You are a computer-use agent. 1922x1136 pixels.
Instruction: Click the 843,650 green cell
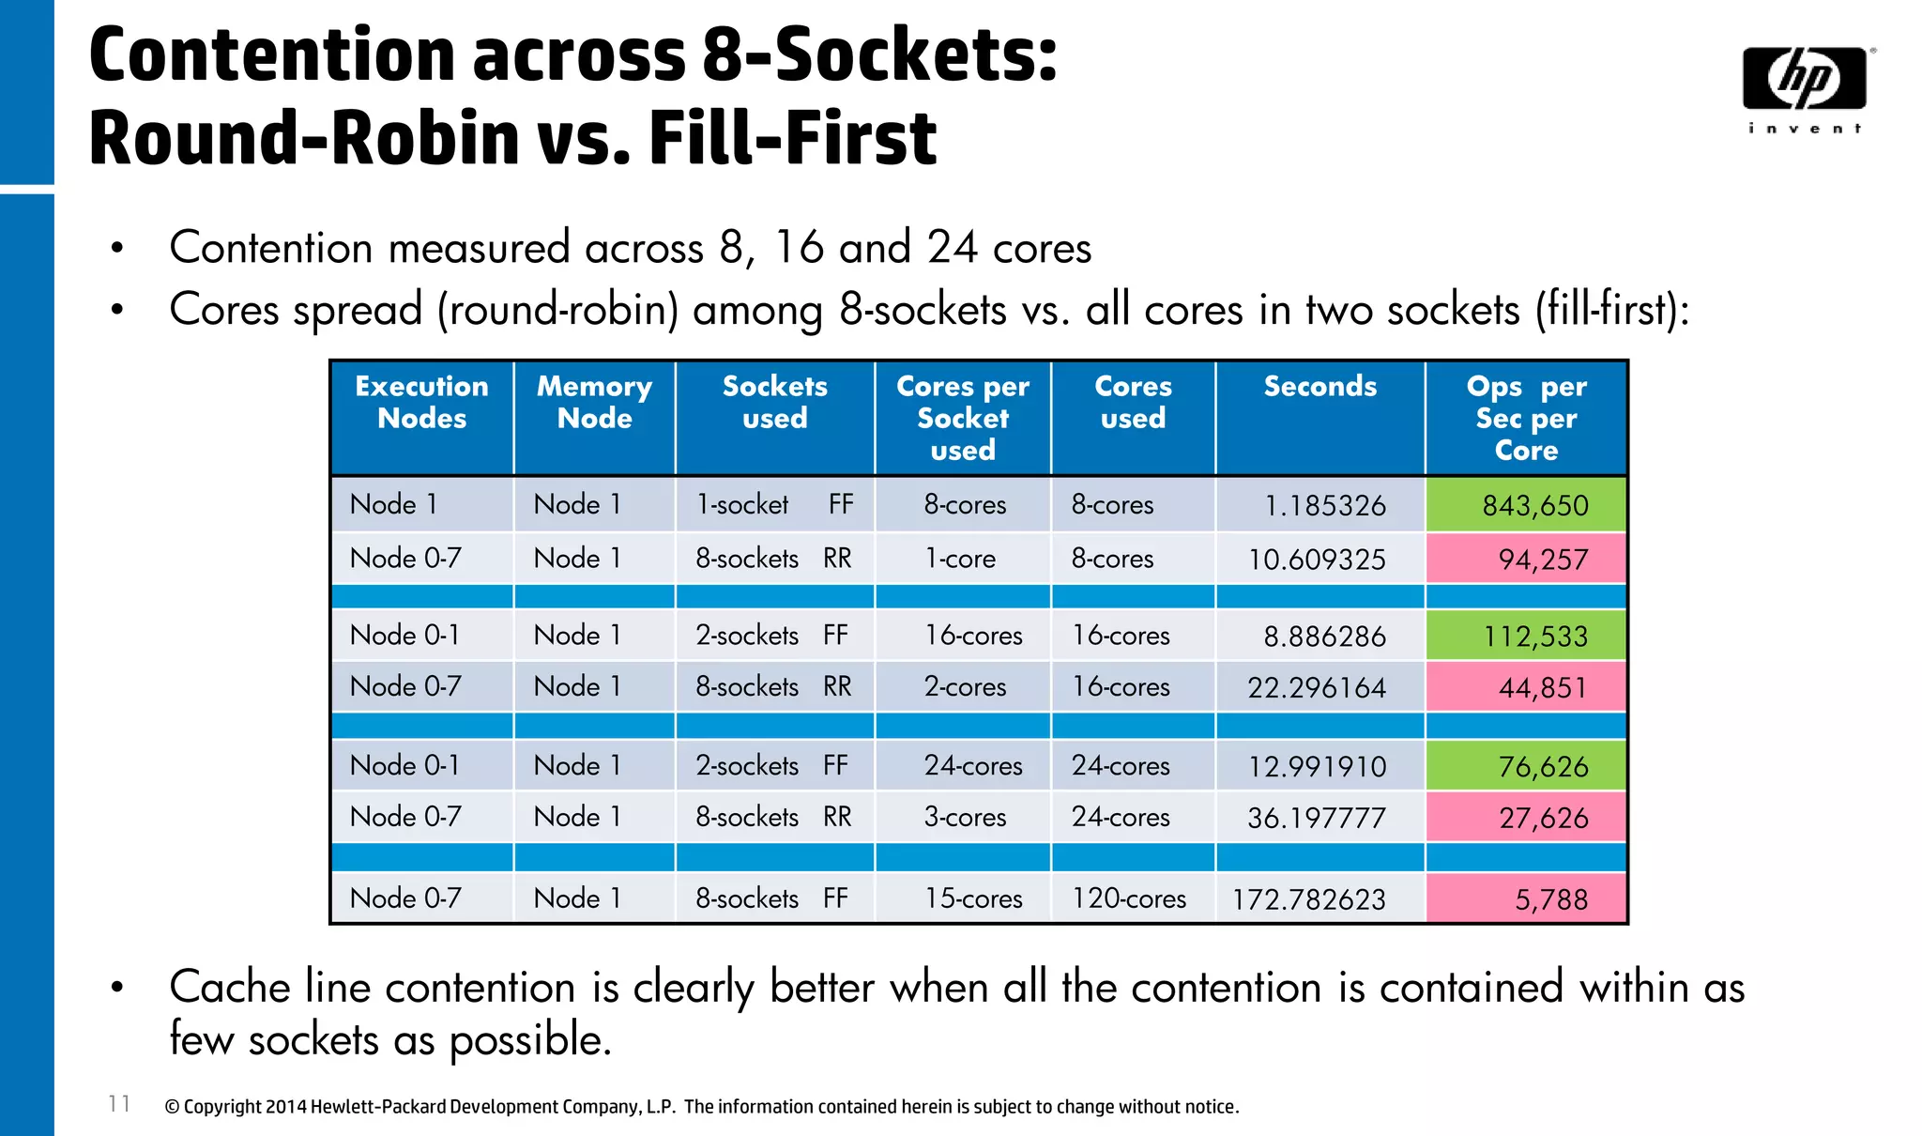(x=1526, y=505)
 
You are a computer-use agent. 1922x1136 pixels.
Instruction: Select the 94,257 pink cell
(x=1526, y=559)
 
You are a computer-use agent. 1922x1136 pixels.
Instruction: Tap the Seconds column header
(x=1319, y=387)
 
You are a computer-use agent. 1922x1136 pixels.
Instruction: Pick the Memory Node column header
(x=594, y=402)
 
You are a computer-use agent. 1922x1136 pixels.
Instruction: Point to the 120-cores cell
(x=1129, y=898)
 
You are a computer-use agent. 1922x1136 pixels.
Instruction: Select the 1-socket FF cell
(x=773, y=505)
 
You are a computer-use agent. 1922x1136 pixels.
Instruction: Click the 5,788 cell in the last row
(x=1526, y=899)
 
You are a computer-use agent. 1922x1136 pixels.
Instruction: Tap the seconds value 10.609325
(x=1316, y=560)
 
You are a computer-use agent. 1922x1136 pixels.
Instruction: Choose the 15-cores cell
(x=973, y=898)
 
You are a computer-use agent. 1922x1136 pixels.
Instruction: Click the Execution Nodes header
(x=421, y=402)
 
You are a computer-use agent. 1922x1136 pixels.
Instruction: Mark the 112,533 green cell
(x=1526, y=637)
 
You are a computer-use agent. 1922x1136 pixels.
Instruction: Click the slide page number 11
(x=119, y=1103)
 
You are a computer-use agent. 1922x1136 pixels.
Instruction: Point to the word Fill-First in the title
(x=792, y=138)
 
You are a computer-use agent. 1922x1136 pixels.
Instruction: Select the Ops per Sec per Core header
(x=1526, y=418)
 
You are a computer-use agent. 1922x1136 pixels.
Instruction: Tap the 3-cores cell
(x=965, y=817)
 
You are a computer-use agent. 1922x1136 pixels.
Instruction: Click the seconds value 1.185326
(x=1324, y=506)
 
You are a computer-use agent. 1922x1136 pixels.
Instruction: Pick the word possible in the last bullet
(x=529, y=1040)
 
